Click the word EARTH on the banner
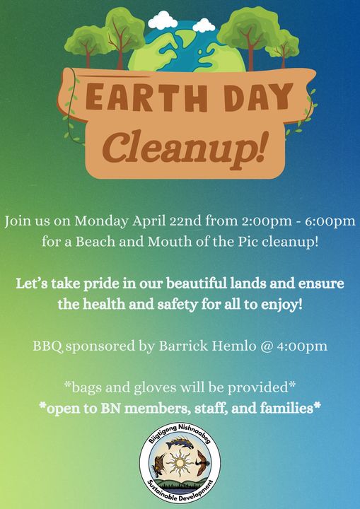pos(146,97)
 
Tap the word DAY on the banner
pos(258,97)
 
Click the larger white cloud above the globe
pos(163,20)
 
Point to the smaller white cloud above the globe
pos(204,25)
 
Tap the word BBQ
pos(47,346)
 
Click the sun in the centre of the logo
pos(179,462)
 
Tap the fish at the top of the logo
pos(180,443)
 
